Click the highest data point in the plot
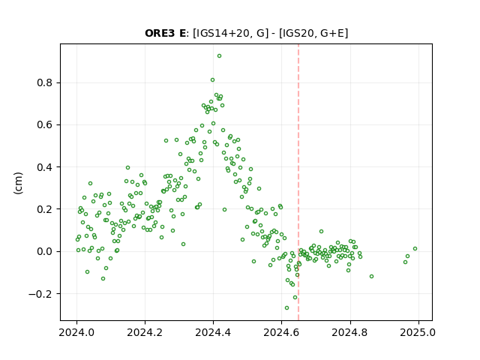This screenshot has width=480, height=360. pyautogui.click(x=219, y=56)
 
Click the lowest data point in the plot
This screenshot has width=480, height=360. pyautogui.click(x=286, y=307)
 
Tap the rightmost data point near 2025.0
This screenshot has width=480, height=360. pyautogui.click(x=415, y=248)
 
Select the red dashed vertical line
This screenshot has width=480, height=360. pyautogui.click(x=298, y=182)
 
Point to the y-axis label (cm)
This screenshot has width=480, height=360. pyautogui.click(x=18, y=182)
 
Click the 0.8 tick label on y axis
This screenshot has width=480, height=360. pyautogui.click(x=45, y=83)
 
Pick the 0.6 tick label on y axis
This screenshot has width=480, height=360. pyautogui.click(x=45, y=125)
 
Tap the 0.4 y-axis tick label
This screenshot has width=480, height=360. pyautogui.click(x=45, y=167)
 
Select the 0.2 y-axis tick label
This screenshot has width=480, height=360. pyautogui.click(x=45, y=209)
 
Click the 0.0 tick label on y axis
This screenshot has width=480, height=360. pyautogui.click(x=45, y=252)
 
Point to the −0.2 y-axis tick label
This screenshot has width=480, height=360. pyautogui.click(x=41, y=294)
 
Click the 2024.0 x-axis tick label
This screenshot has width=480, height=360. pyautogui.click(x=76, y=332)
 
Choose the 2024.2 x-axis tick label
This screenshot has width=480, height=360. pyautogui.click(x=145, y=332)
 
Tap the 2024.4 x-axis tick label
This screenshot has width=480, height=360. pyautogui.click(x=213, y=332)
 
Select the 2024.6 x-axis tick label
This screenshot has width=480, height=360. pyautogui.click(x=282, y=332)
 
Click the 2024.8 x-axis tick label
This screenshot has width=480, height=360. pyautogui.click(x=350, y=332)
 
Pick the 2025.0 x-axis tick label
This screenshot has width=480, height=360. pyautogui.click(x=418, y=332)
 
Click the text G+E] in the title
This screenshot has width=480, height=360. pyautogui.click(x=334, y=33)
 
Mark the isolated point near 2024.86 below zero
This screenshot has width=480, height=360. pyautogui.click(x=372, y=277)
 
